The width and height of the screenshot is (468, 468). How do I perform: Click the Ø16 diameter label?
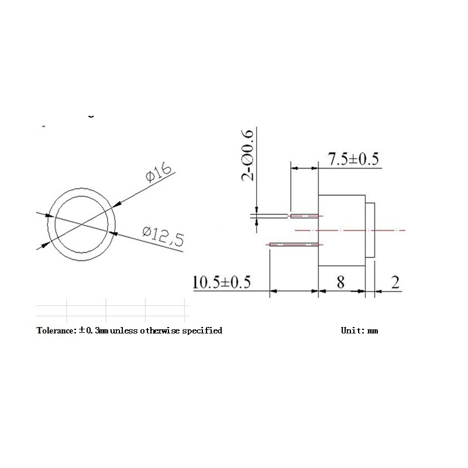[158, 174]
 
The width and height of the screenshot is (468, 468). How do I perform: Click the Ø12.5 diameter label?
[163, 235]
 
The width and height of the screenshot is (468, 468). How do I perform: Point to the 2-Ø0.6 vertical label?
[250, 156]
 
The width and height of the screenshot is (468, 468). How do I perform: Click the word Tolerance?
[56, 331]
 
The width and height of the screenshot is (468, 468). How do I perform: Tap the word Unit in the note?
[351, 331]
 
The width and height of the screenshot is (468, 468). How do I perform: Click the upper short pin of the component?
[304, 216]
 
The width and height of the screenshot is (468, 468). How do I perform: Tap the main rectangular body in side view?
[342, 230]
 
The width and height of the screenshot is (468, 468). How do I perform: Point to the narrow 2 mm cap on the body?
[370, 230]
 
